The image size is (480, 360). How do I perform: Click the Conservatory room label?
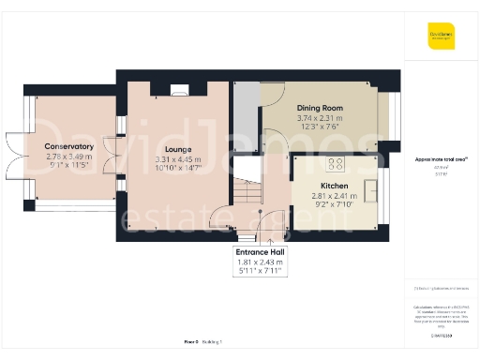pyautogui.click(x=68, y=146)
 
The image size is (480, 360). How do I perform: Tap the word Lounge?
pyautogui.click(x=178, y=149)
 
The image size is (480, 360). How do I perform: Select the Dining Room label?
pyautogui.click(x=320, y=109)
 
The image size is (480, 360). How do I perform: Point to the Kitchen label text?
pyautogui.click(x=334, y=186)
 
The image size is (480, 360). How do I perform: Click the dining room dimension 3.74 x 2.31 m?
pyautogui.click(x=320, y=119)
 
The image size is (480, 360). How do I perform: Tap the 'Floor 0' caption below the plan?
pyautogui.click(x=191, y=343)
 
